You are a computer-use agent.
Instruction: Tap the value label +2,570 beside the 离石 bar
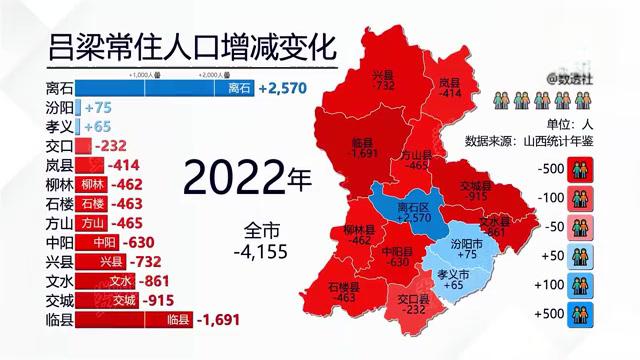click(287, 88)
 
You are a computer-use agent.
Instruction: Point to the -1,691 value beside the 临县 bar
click(221, 320)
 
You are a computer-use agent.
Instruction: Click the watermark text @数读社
click(576, 75)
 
